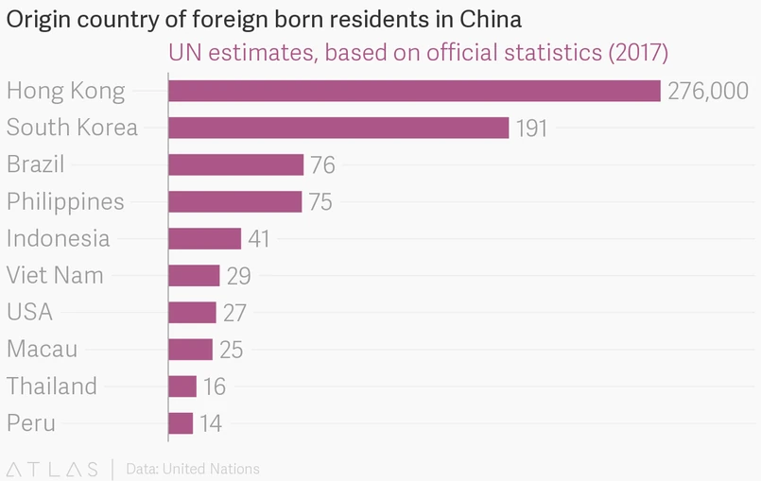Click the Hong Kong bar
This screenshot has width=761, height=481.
[414, 91]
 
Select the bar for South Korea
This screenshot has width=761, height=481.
[338, 128]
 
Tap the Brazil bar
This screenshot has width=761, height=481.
[235, 164]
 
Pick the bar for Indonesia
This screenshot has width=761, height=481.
[204, 238]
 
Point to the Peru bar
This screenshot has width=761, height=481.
[181, 422]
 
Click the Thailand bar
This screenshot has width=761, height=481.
[182, 386]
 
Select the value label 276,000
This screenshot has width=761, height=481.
[708, 92]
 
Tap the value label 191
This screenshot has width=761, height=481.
[531, 129]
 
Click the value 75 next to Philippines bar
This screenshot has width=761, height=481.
[320, 202]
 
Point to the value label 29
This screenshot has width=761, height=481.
[237, 276]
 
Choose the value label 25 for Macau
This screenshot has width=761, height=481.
[231, 350]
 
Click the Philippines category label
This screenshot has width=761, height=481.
[65, 201]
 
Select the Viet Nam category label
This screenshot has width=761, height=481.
[55, 276]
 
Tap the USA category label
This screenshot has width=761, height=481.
[29, 312]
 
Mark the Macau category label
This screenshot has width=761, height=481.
[42, 349]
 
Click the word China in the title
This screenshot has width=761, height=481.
[490, 19]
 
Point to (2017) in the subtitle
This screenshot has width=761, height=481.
[637, 52]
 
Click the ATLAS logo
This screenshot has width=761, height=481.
[52, 469]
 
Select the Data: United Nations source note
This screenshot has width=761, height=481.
[193, 469]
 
